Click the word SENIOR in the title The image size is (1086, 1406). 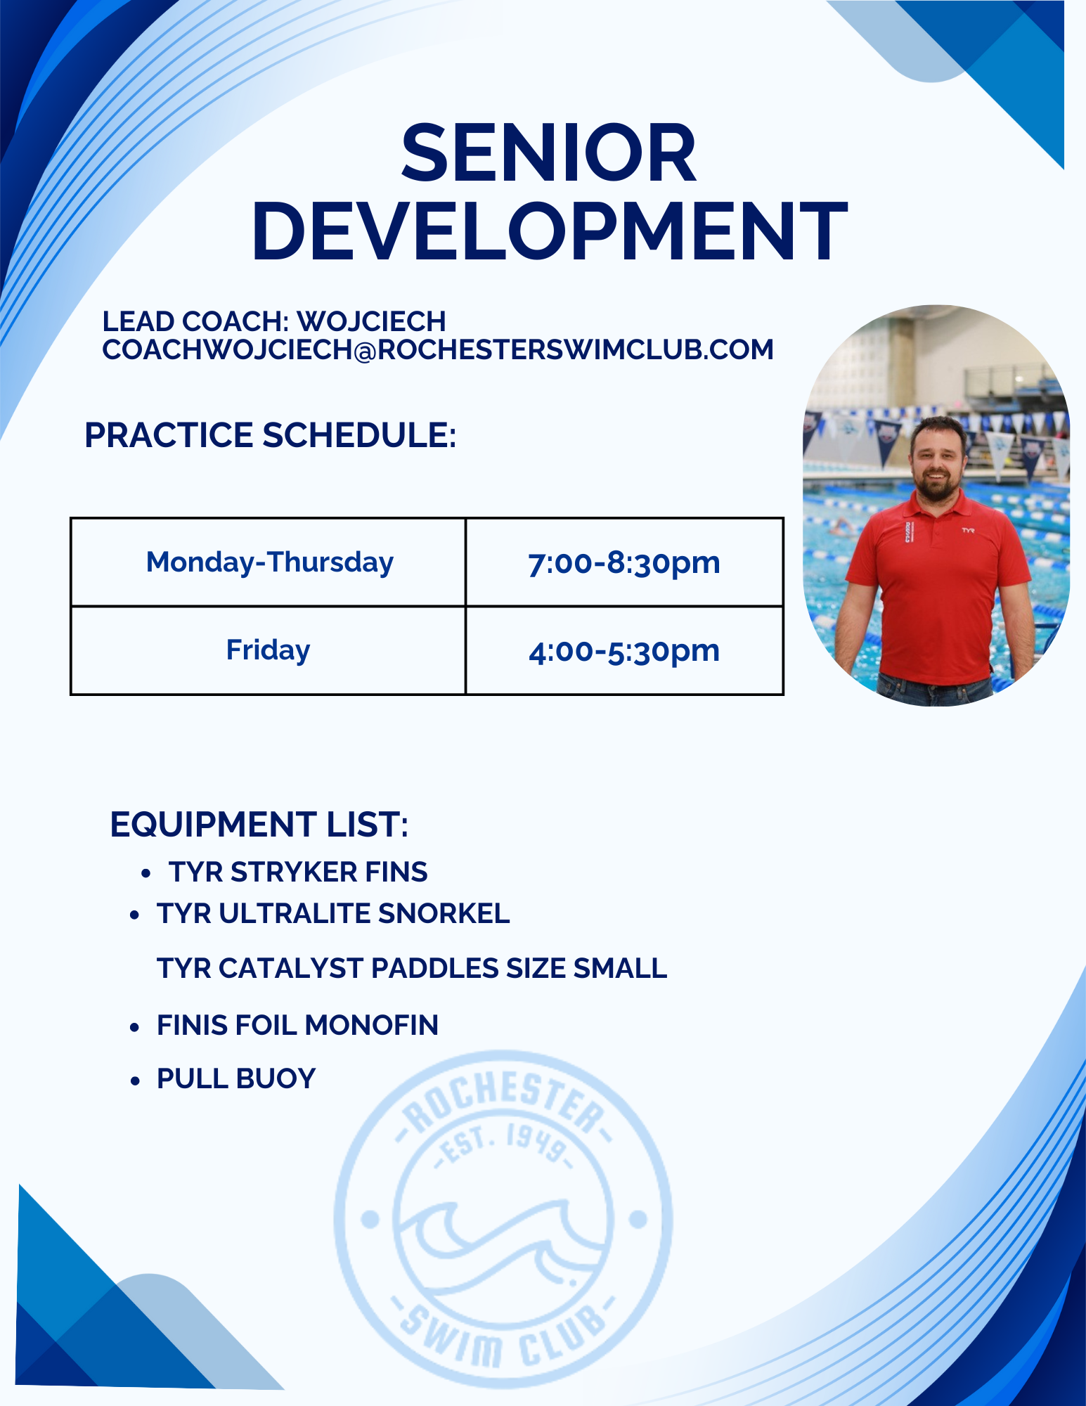548,153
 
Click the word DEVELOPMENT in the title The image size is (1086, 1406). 550,231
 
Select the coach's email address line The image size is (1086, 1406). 438,350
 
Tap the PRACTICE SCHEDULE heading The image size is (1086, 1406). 271,435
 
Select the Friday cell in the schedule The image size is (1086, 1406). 268,650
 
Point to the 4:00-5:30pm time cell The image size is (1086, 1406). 624,651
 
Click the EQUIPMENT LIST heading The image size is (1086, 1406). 259,824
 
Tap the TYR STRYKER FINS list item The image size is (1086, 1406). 298,872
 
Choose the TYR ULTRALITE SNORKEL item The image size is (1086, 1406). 333,913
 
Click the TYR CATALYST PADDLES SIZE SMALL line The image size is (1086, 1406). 412,968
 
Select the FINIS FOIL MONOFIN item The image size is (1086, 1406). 297,1025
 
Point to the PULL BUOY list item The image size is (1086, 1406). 236,1078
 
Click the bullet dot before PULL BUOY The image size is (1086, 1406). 135,1081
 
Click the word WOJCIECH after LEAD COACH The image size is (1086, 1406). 371,322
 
